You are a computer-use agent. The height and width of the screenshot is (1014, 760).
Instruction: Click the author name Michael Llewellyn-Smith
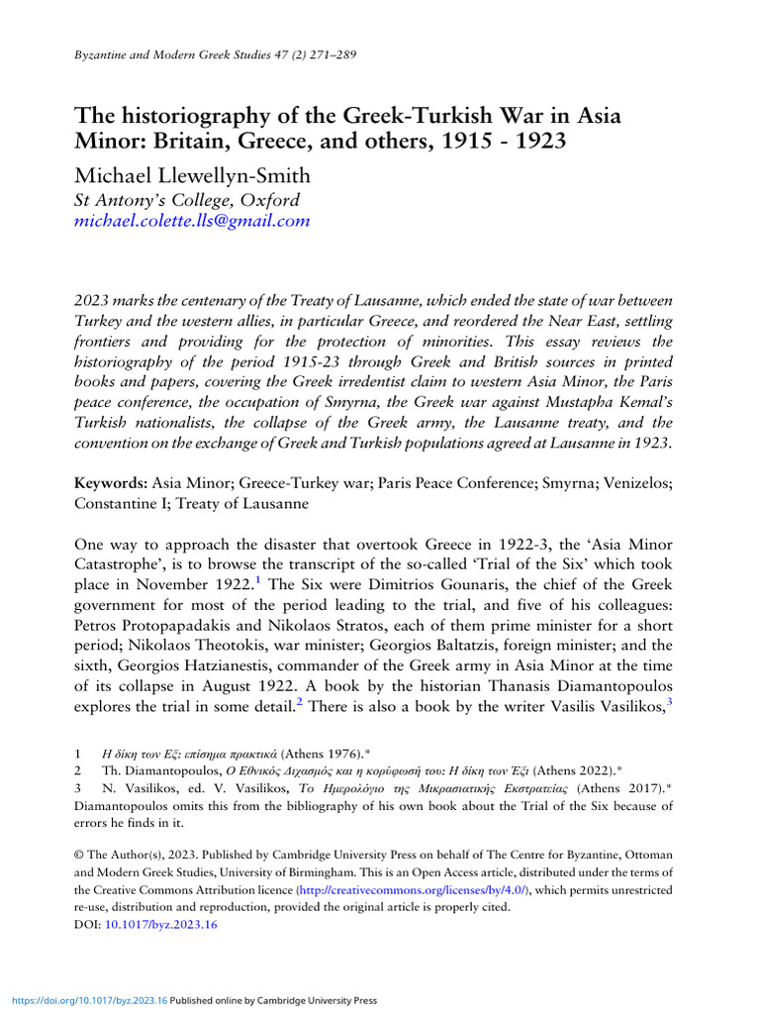pos(192,176)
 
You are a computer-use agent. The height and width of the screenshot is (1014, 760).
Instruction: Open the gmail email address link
pos(192,221)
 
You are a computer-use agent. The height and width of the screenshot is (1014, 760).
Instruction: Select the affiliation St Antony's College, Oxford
pos(187,199)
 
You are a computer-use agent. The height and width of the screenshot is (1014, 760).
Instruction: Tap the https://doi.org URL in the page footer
pos(87,1000)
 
